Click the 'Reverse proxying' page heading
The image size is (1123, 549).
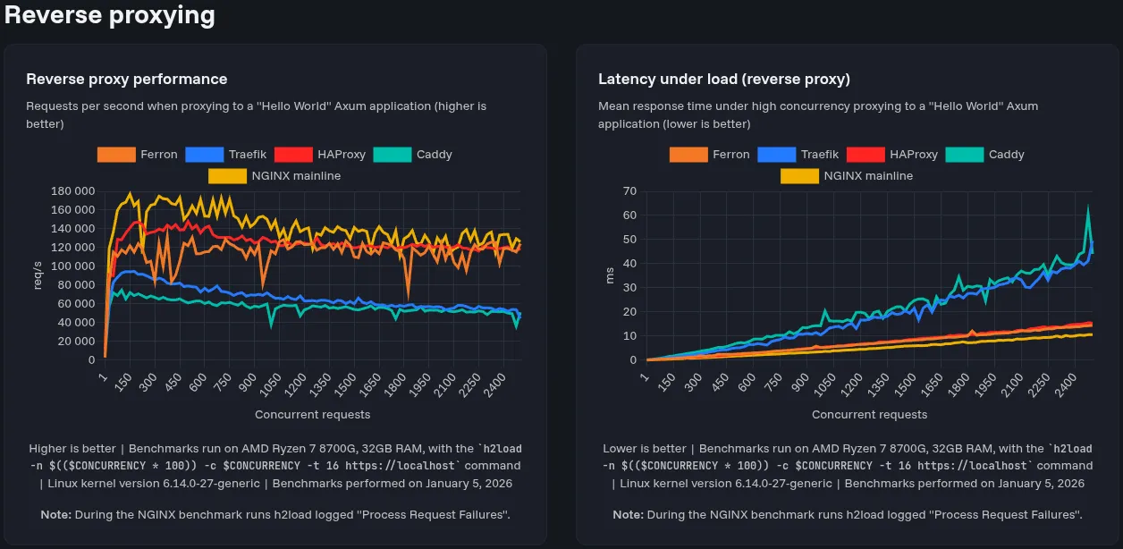[x=110, y=15]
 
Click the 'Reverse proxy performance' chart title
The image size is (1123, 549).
[x=126, y=80]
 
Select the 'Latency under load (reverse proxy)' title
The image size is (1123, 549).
[x=723, y=80]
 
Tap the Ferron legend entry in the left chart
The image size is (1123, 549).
[x=139, y=155]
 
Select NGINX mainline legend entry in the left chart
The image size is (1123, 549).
[x=275, y=176]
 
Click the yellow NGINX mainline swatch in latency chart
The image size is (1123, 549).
[x=799, y=176]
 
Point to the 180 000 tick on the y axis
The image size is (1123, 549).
[x=73, y=191]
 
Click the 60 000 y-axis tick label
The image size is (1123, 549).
[x=76, y=304]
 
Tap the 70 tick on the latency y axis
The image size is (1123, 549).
[x=629, y=191]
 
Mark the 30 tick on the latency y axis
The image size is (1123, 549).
[x=629, y=288]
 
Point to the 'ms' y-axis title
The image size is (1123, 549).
[x=610, y=276]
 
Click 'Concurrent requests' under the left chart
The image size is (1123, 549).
[x=312, y=415]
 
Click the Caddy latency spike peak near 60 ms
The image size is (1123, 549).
[x=1088, y=208]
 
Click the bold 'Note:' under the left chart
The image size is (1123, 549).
[x=56, y=515]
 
